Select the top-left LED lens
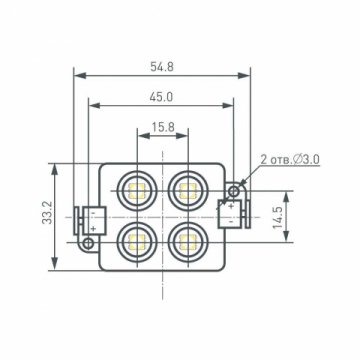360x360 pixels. click(x=135, y=188)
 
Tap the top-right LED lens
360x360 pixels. click(x=187, y=188)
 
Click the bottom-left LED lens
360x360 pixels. click(x=135, y=240)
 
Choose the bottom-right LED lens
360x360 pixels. click(x=187, y=240)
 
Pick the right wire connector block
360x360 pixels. click(x=232, y=213)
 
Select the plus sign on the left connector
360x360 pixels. click(x=92, y=228)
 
